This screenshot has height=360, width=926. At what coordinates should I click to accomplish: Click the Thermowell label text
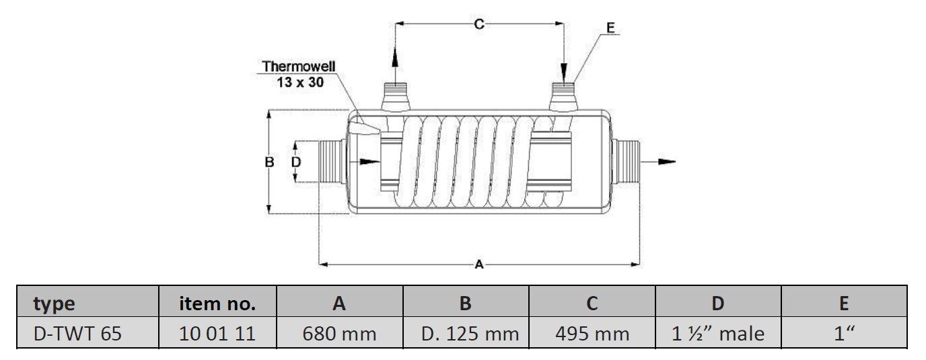298,67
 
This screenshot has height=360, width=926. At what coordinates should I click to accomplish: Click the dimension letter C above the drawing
478,24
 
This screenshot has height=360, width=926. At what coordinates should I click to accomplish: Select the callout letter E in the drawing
610,28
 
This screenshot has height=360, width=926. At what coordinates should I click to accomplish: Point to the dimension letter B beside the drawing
269,162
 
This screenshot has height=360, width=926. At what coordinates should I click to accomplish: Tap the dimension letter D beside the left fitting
295,162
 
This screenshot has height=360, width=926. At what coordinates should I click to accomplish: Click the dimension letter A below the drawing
479,265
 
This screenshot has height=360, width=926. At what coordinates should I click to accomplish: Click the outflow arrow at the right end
663,161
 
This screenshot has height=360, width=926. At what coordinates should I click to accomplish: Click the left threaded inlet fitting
330,161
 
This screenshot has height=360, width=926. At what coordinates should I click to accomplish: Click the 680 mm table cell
339,334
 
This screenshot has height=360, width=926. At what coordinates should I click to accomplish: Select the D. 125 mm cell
466,334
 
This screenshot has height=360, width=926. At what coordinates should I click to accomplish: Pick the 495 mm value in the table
592,334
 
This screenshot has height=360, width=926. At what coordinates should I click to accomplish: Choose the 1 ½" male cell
718,334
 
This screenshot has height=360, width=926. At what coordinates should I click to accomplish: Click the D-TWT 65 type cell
78,334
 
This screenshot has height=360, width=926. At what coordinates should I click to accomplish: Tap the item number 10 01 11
217,334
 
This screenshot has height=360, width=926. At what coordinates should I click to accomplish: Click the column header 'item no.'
217,303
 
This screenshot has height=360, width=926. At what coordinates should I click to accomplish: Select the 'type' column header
54,303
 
